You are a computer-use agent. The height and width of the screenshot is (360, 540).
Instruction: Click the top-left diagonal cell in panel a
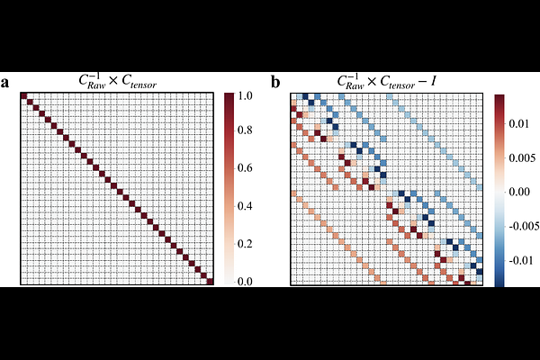(24, 97)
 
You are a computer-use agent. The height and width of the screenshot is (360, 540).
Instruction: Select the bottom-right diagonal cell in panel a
(211, 281)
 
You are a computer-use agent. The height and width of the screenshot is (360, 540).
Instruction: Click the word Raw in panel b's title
(353, 86)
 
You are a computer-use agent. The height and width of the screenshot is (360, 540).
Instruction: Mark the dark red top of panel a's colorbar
(230, 96)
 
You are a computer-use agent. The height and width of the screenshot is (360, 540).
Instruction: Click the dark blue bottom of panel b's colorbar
(499, 282)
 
